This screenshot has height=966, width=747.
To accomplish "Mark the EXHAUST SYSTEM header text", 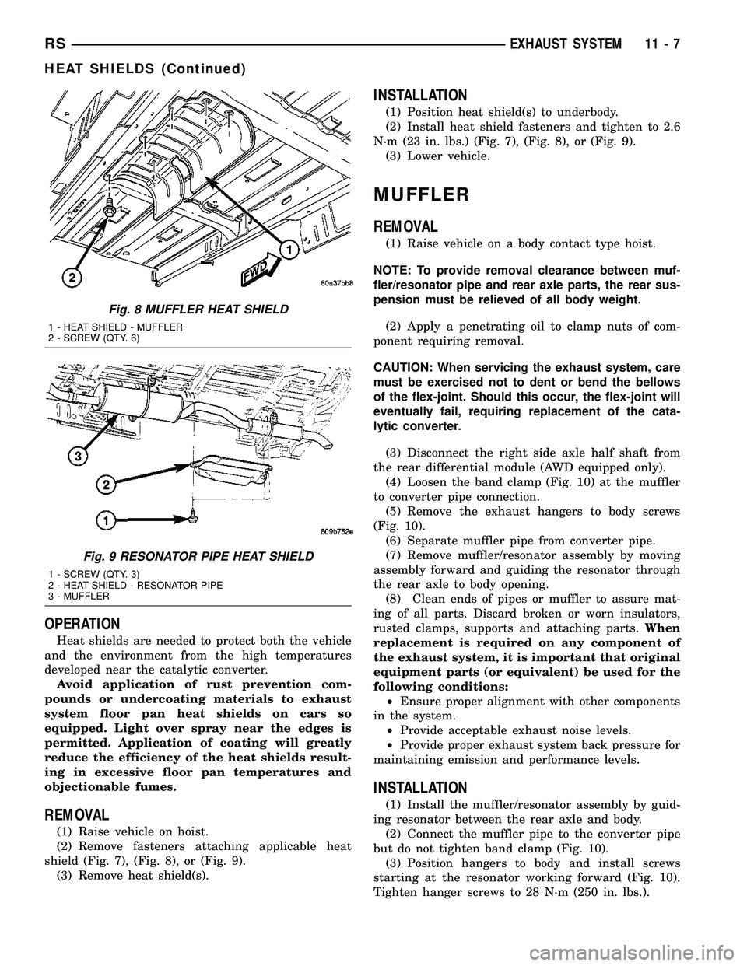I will pos(567,46).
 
